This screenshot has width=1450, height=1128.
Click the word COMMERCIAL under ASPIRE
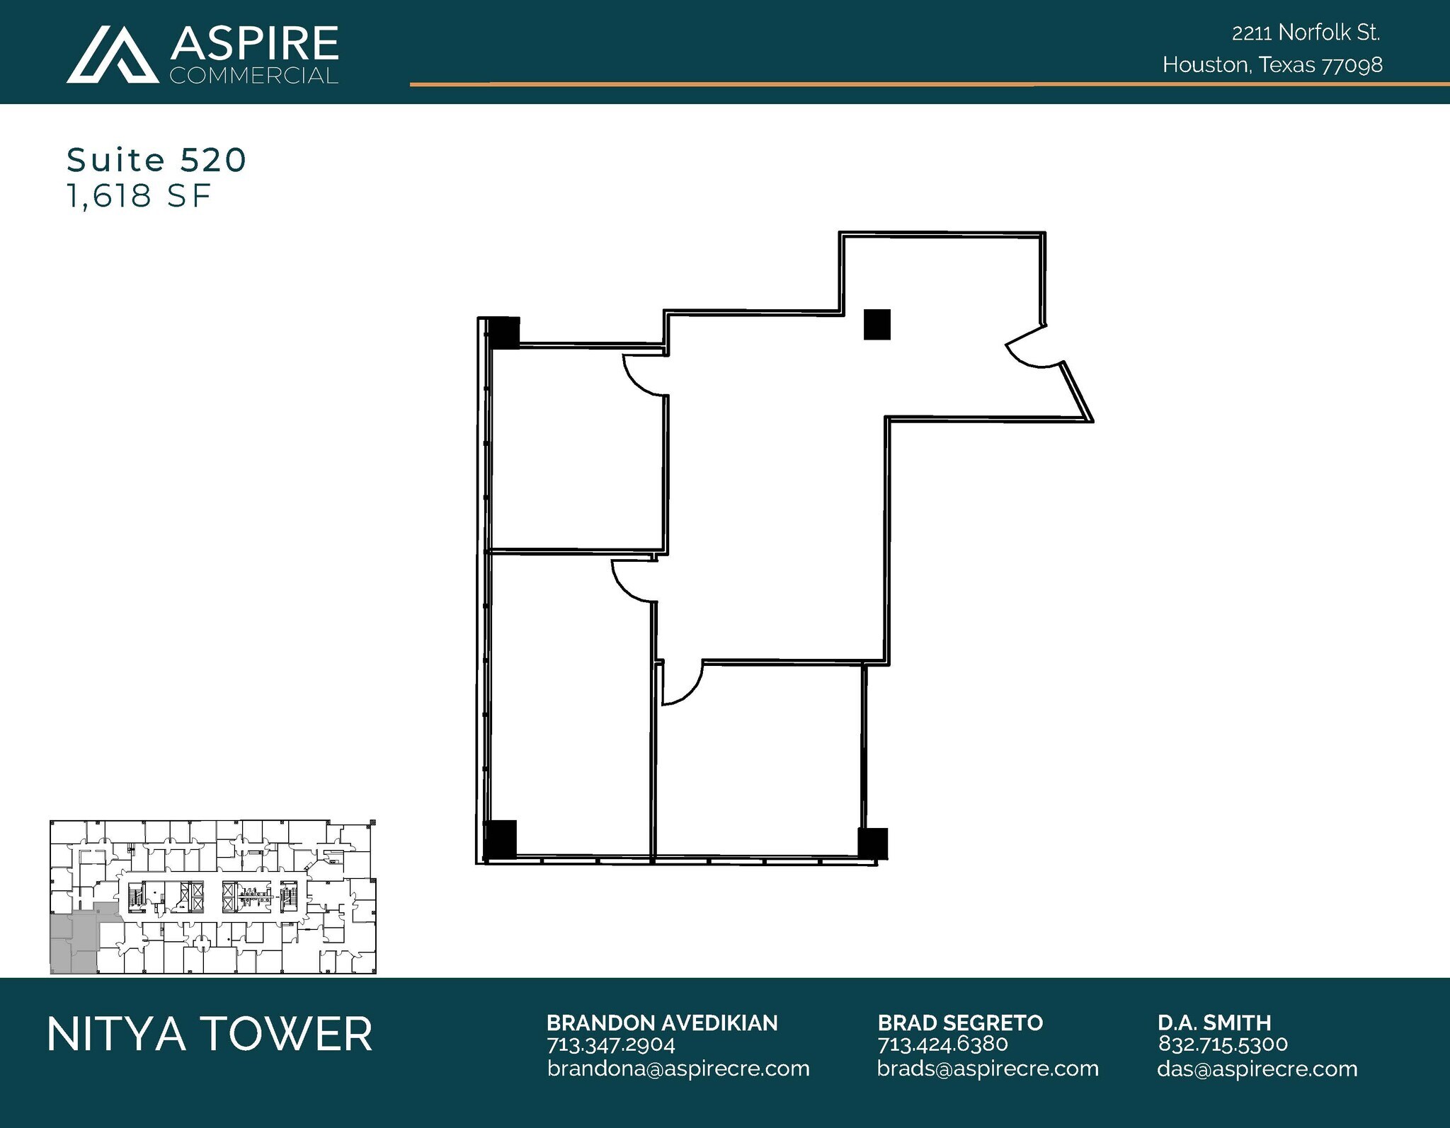253,76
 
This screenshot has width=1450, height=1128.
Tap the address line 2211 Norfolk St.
1306,33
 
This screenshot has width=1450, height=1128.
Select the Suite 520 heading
156,160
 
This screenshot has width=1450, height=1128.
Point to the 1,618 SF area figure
139,196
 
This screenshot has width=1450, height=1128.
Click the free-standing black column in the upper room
877,325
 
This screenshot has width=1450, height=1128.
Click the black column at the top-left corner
504,333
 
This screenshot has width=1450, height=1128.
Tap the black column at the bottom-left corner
501,839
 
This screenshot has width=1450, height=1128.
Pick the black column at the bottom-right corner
872,844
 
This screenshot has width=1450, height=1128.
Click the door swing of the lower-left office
633,580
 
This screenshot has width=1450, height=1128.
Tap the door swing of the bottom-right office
681,682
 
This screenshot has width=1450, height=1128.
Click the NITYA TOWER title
210,1034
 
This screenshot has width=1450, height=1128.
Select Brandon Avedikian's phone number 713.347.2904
610,1044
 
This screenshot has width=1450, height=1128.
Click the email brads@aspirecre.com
987,1069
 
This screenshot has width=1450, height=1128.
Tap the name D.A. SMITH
1214,1023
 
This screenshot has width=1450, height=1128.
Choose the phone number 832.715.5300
1222,1044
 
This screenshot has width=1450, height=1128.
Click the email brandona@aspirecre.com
678,1069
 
